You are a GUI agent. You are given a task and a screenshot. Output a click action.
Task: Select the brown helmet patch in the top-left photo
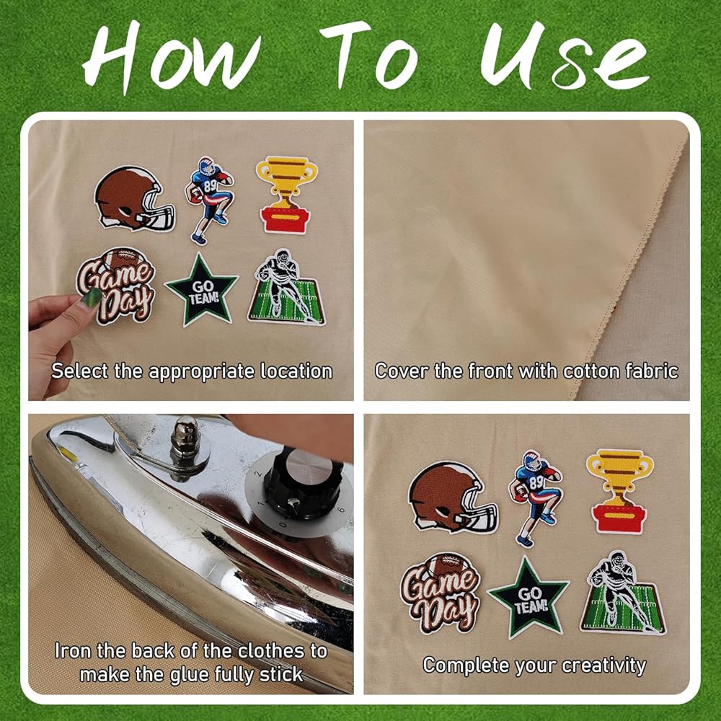coord(134,199)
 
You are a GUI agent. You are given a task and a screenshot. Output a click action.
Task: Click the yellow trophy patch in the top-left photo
coord(286,195)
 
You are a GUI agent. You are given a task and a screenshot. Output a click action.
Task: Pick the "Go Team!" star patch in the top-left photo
coord(201,290)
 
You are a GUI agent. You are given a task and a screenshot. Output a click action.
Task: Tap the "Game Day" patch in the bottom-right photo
coord(440,593)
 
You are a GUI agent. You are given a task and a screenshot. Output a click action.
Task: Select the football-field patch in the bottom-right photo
coord(623,593)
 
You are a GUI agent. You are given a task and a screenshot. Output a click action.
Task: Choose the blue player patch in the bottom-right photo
coord(535,498)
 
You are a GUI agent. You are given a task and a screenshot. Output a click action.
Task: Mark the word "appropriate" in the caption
coord(201,372)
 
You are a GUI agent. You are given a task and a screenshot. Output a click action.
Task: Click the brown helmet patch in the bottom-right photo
coord(453,497)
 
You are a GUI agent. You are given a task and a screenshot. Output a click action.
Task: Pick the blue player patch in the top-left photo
coord(209,200)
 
